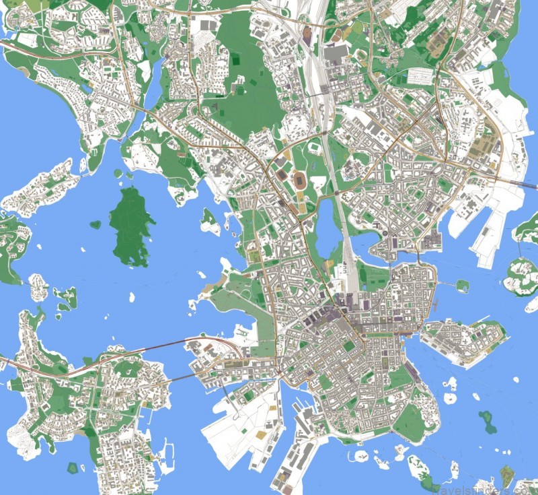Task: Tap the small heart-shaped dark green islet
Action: tap(95, 224)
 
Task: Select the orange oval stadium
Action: tap(299, 180)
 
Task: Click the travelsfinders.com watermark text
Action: tap(482, 487)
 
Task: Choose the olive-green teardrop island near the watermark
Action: tap(506, 475)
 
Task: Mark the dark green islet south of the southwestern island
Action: tap(73, 467)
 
